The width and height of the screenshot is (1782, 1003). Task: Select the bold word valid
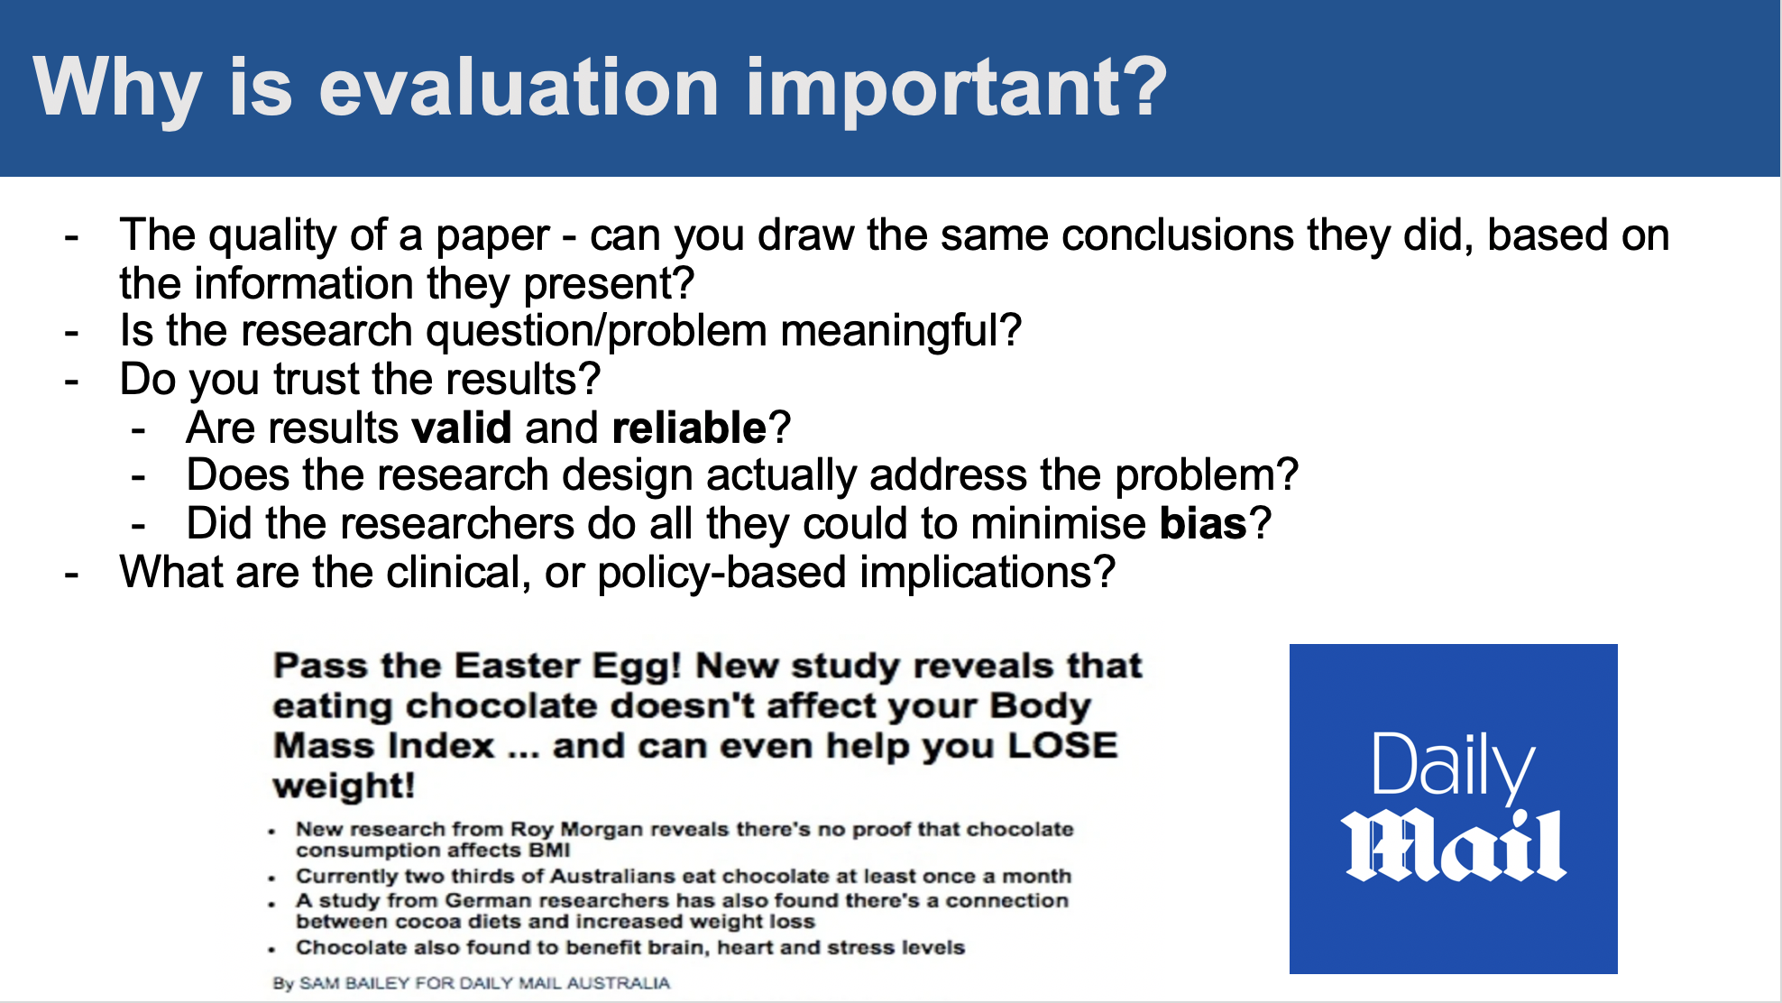[x=462, y=428]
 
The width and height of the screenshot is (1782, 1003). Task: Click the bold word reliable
[x=689, y=428]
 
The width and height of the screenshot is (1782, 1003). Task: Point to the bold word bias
[x=1203, y=523]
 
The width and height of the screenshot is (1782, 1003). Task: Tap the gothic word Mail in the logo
[x=1454, y=845]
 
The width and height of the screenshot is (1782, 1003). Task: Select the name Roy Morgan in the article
[x=576, y=829]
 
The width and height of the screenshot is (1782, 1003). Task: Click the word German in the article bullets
[x=485, y=900]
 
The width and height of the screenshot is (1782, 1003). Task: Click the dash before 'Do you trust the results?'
[x=72, y=382]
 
